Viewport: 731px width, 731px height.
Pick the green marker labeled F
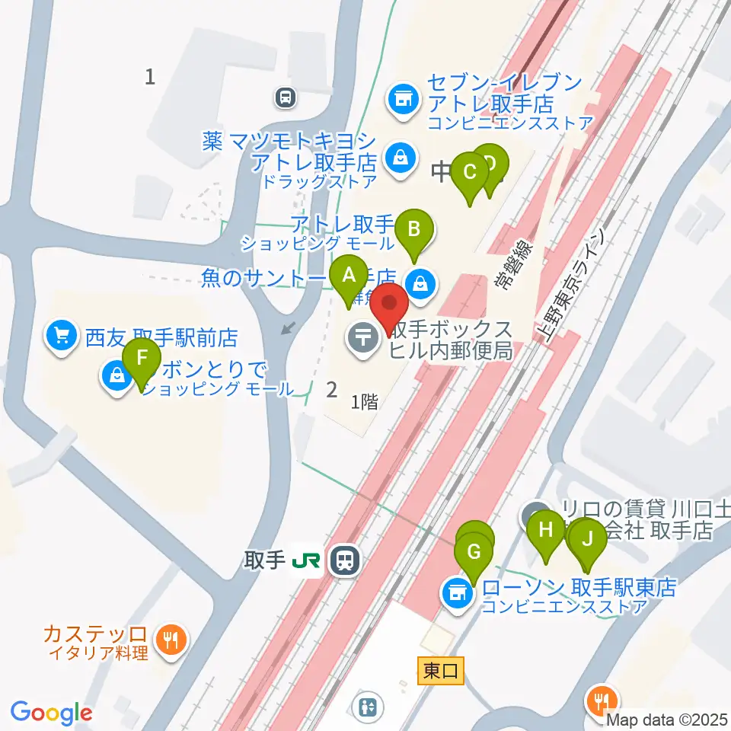click(142, 359)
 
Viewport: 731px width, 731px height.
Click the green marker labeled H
click(545, 530)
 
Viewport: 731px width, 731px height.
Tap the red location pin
click(390, 306)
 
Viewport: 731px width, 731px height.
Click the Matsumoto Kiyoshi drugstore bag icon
click(398, 158)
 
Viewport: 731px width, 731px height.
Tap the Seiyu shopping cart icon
click(62, 335)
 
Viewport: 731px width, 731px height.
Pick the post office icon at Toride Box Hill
click(362, 336)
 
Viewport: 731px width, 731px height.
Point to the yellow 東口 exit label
click(441, 670)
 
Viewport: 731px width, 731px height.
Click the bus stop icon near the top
click(286, 97)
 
